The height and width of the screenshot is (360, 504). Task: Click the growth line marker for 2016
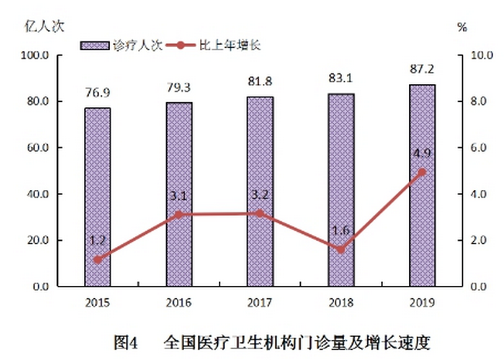coord(179,215)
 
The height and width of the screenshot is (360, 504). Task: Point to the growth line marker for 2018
coord(341,250)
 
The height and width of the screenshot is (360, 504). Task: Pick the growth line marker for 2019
coord(422,172)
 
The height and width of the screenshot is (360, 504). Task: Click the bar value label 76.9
coord(97,91)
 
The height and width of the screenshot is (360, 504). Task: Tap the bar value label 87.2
coord(422,68)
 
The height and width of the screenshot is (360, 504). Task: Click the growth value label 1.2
coord(97,241)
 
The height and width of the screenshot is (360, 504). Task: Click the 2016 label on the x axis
coord(179,301)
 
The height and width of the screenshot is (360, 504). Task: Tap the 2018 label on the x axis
coord(341,301)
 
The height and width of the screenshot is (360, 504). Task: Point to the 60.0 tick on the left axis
coord(36,148)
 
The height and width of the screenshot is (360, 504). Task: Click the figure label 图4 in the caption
coord(125,341)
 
